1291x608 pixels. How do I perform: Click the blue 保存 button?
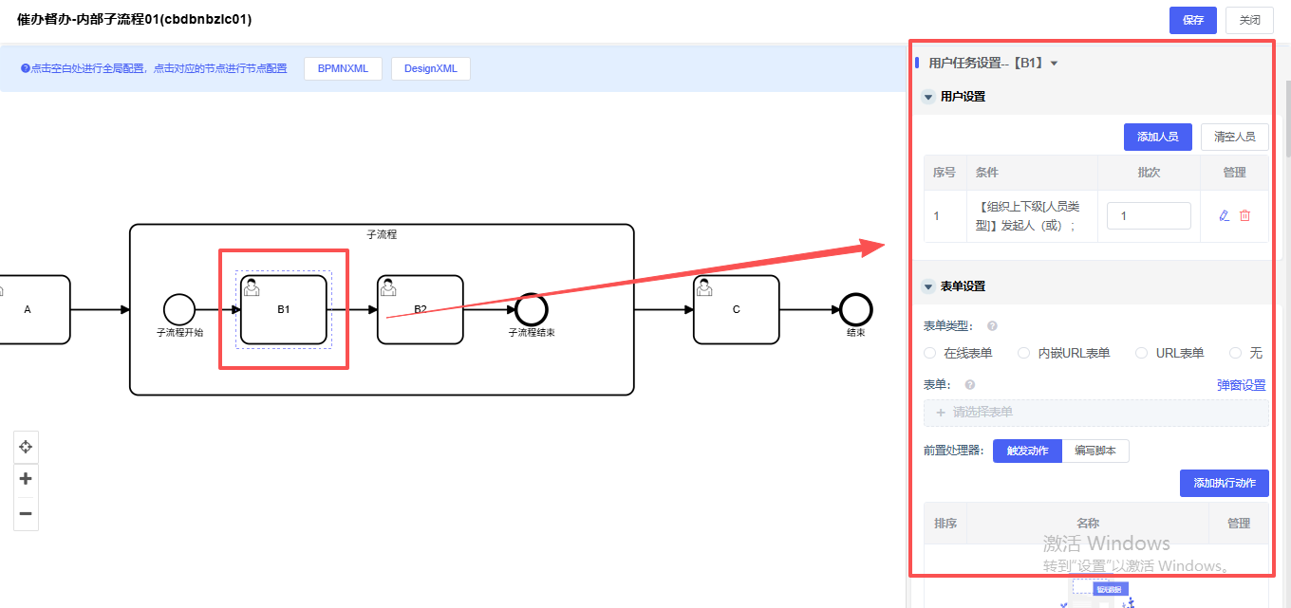tap(1193, 20)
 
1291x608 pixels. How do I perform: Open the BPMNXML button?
tap(343, 68)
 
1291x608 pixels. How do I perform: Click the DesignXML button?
tap(430, 68)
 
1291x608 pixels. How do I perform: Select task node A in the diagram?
tap(28, 309)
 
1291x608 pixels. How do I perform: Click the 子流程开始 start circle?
tap(179, 309)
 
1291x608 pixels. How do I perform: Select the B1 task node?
tap(283, 309)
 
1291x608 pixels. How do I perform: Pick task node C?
tap(736, 309)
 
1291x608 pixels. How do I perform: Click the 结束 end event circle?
tap(856, 309)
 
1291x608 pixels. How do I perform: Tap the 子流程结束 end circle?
tap(532, 309)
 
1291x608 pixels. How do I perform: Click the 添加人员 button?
tap(1157, 137)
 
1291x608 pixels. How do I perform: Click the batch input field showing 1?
tap(1149, 215)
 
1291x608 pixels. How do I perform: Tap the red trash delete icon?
tap(1245, 215)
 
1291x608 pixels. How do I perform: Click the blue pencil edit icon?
tap(1225, 215)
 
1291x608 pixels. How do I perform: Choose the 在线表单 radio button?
tap(930, 353)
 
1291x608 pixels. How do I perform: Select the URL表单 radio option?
tap(1142, 353)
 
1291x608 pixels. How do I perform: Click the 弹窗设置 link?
tap(1241, 385)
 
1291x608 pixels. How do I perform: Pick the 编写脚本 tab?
tap(1095, 451)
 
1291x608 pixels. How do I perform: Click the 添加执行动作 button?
tap(1224, 483)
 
